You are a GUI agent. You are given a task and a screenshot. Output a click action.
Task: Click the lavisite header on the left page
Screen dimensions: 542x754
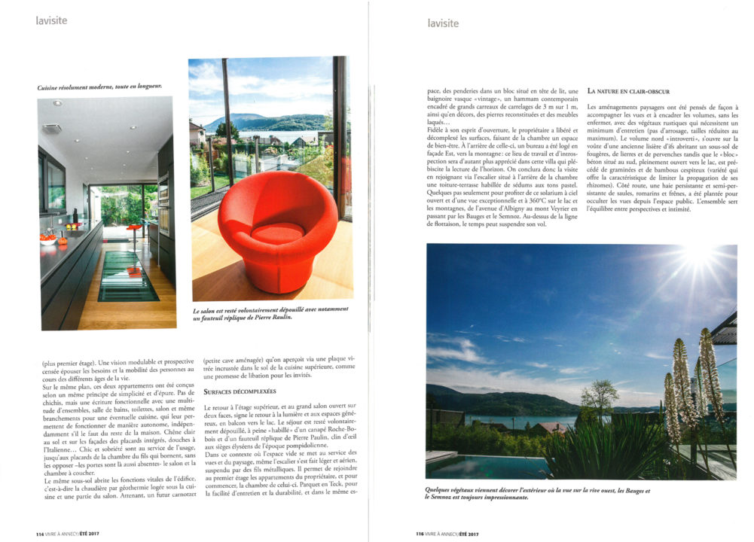(x=51, y=20)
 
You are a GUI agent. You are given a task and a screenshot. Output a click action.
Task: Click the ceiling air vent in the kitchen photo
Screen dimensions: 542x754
(x=52, y=129)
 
